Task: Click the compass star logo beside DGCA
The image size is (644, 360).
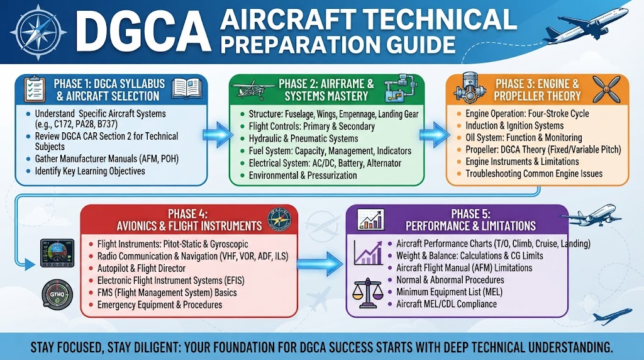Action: point(38,33)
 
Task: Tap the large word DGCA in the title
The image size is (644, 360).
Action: point(143,33)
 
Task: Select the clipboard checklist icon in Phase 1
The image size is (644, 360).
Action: point(35,89)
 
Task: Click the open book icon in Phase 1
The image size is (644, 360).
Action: point(187,88)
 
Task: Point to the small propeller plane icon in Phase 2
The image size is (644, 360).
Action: point(253,89)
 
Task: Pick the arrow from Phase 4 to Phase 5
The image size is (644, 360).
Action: point(319,264)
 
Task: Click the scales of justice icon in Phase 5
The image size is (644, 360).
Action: point(367,293)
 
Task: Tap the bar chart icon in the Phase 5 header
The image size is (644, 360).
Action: point(371,220)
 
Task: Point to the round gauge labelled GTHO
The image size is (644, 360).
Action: point(57,295)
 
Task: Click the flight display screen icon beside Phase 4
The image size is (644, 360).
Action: point(57,253)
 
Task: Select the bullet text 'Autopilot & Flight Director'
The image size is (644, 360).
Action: point(142,268)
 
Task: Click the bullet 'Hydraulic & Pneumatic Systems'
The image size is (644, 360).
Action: point(304,138)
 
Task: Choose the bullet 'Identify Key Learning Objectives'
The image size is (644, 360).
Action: point(90,171)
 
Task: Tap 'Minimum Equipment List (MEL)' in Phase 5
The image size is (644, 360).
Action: point(449,292)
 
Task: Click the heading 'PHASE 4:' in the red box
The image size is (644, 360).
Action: point(187,214)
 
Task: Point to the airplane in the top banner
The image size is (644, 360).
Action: point(587,25)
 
